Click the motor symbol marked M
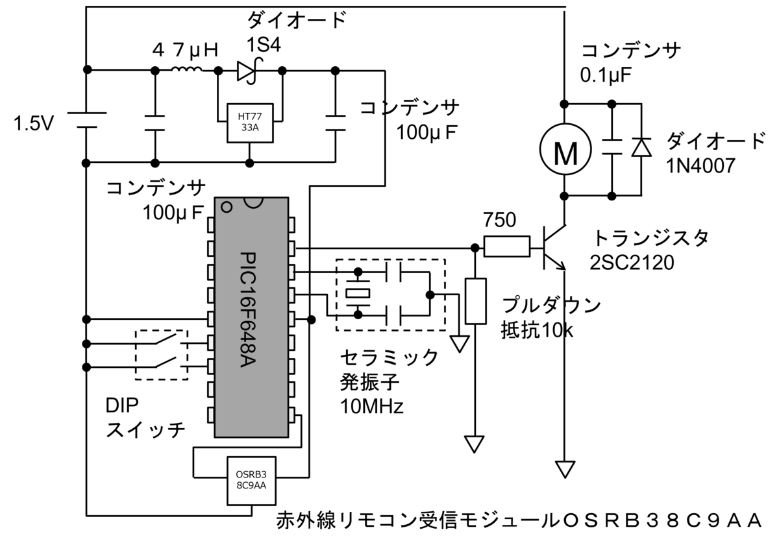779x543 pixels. [x=565, y=149]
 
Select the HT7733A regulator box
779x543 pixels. [x=250, y=123]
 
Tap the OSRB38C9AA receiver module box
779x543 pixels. [x=251, y=481]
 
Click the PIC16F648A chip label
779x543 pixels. [x=249, y=309]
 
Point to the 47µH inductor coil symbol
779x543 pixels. [x=187, y=70]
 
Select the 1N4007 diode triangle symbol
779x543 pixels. [x=641, y=147]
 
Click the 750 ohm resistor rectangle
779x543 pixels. [x=507, y=247]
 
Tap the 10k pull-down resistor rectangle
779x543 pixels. [x=475, y=301]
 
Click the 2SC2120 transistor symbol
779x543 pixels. [x=553, y=248]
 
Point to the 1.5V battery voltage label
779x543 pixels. [x=34, y=123]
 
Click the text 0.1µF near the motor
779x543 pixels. [x=606, y=75]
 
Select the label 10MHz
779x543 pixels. [x=372, y=406]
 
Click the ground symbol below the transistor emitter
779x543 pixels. [x=565, y=469]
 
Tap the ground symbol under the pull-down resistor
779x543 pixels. [x=474, y=444]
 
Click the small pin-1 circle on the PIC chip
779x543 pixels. [x=227, y=208]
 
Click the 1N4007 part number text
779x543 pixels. [x=700, y=166]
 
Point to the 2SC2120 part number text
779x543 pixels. [x=632, y=263]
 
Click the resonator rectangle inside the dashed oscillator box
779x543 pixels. [x=358, y=293]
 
